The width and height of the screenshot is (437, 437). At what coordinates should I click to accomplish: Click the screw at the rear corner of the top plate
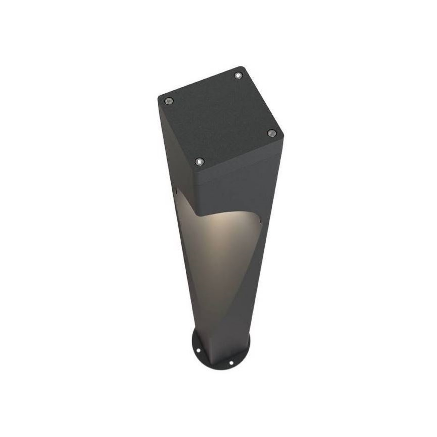coord(238,76)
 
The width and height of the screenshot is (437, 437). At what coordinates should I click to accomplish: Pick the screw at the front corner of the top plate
coord(199,161)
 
